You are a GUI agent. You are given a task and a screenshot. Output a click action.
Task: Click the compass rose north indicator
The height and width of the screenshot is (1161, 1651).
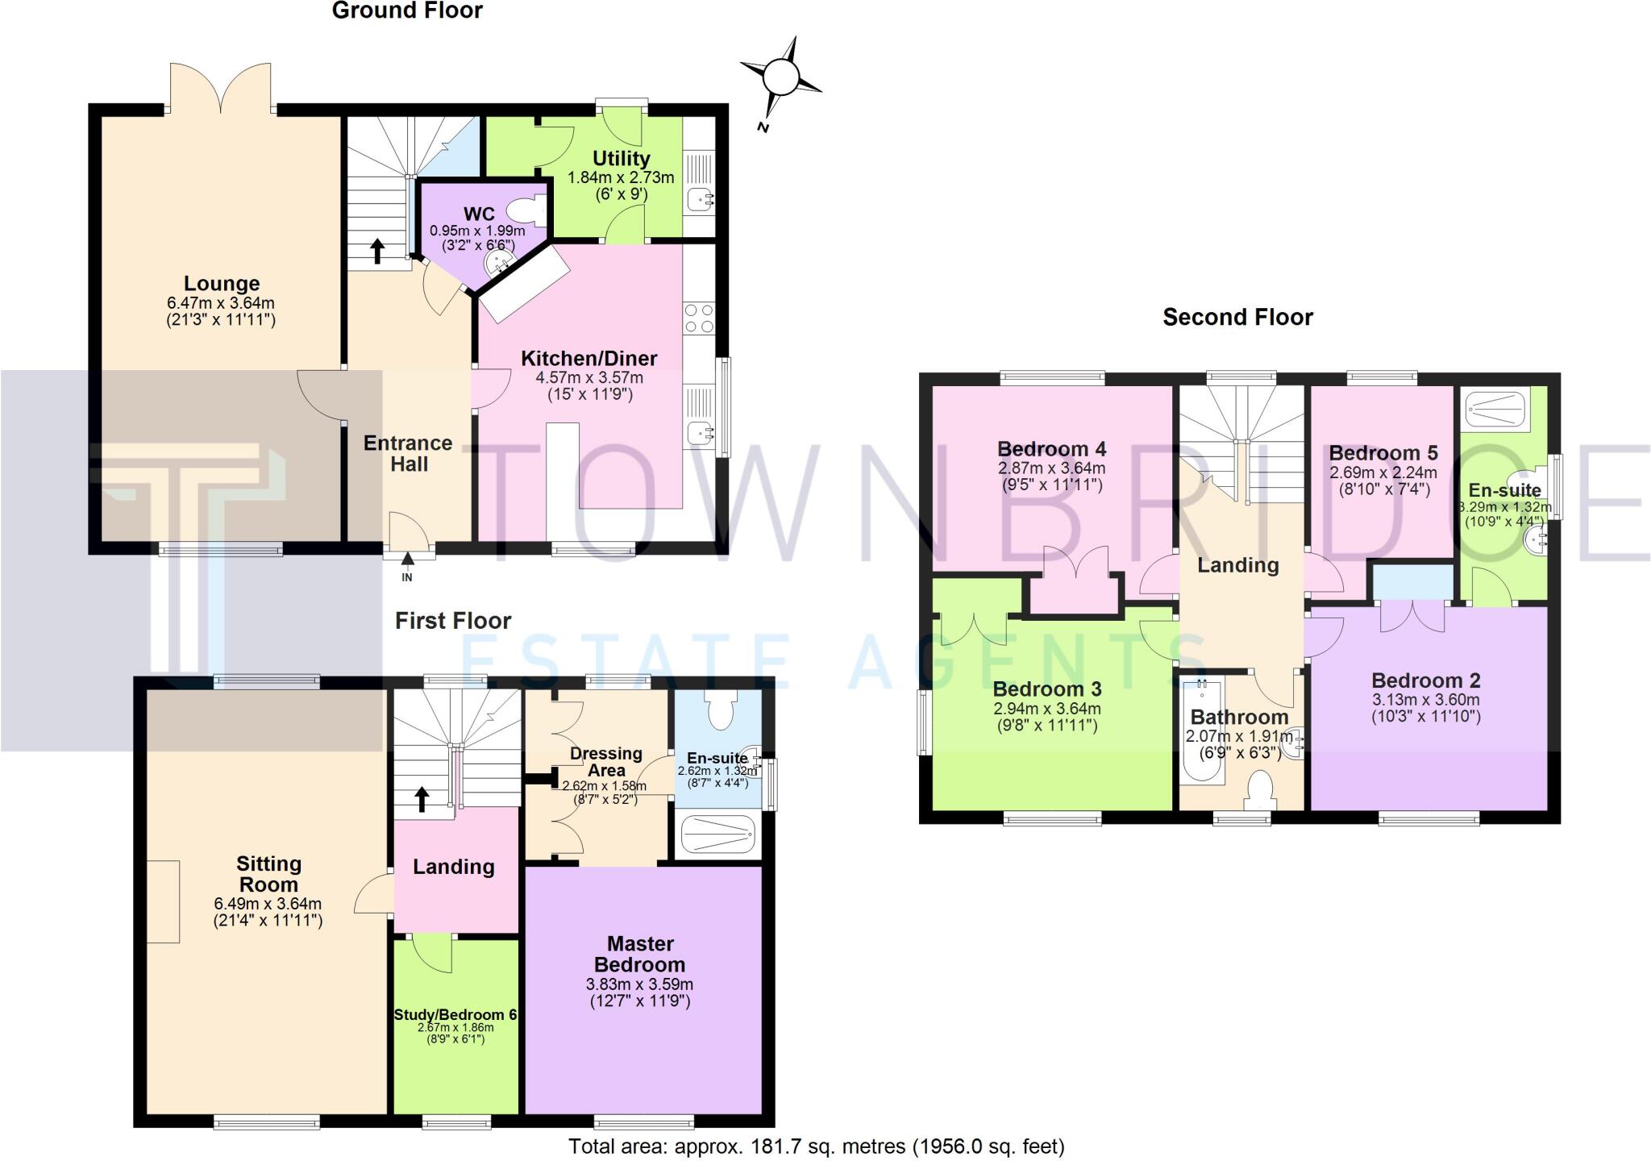[x=780, y=78]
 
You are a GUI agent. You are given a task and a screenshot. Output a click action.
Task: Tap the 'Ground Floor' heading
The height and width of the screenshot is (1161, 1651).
[x=407, y=10]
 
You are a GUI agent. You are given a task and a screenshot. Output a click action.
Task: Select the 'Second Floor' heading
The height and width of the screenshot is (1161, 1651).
[x=1237, y=317]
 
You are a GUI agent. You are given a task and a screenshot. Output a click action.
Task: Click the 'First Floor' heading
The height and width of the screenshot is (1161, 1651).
[x=453, y=620]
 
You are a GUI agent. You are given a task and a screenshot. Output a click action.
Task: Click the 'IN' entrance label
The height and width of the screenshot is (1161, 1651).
[x=407, y=577]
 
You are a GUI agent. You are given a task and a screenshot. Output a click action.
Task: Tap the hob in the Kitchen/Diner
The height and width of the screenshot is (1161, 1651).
[x=698, y=318]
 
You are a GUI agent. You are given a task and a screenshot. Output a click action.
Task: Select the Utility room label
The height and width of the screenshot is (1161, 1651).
[x=621, y=158]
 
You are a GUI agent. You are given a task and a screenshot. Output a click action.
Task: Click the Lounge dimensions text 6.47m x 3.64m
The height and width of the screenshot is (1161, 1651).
[x=221, y=303]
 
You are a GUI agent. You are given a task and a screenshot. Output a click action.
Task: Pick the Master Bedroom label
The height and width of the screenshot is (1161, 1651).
[x=640, y=954]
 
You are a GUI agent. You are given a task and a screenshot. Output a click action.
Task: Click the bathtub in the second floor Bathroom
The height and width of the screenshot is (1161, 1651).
[x=1202, y=732]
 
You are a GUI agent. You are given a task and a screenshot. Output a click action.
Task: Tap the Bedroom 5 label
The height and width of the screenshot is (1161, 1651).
[x=1383, y=453]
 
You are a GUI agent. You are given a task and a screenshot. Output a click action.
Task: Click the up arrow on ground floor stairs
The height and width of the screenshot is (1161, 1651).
[x=376, y=251]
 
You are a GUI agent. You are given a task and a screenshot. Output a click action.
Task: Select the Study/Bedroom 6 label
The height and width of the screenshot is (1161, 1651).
[x=455, y=1014]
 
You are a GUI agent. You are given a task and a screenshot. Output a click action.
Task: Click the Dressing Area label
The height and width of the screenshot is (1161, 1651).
[x=606, y=762]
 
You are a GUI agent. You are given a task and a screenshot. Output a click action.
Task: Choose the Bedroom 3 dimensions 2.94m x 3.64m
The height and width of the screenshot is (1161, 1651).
[x=1047, y=709]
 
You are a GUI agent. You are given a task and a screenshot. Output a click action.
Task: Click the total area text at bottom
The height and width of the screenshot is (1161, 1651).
[x=817, y=1146]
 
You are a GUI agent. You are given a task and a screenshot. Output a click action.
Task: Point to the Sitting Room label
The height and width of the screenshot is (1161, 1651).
[x=268, y=874]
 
